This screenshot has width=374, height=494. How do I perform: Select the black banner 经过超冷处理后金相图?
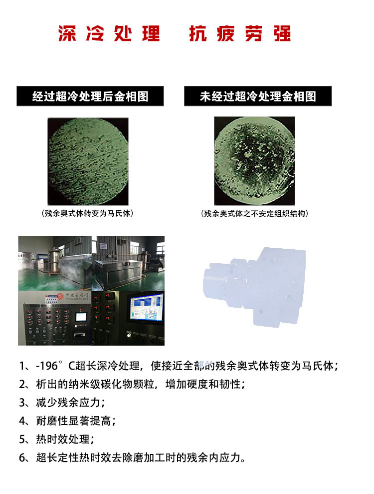click(x=90, y=96)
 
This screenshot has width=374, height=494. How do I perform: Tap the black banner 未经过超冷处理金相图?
click(x=258, y=96)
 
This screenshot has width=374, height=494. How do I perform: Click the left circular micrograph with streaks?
click(x=88, y=161)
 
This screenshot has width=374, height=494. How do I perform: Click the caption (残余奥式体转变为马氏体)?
click(x=88, y=213)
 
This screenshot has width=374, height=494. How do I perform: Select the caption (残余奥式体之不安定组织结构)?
click(x=254, y=213)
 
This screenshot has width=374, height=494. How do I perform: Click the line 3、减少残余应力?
click(x=62, y=403)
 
